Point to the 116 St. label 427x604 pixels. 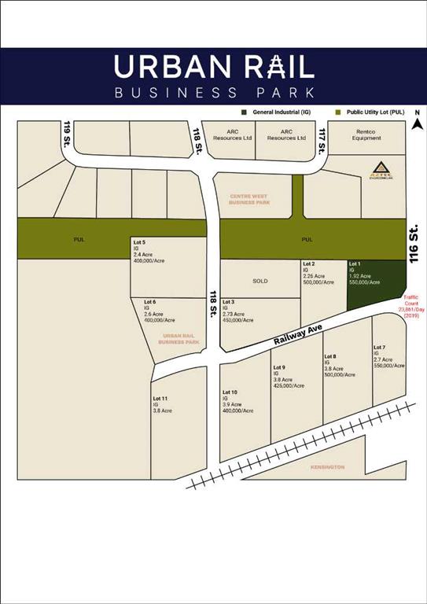coord(414,242)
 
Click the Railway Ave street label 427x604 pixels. coord(300,340)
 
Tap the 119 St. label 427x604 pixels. coord(68,137)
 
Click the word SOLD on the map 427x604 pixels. coord(260,280)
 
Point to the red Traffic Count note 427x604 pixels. coord(410,306)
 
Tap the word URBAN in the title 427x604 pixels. coord(162,67)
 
